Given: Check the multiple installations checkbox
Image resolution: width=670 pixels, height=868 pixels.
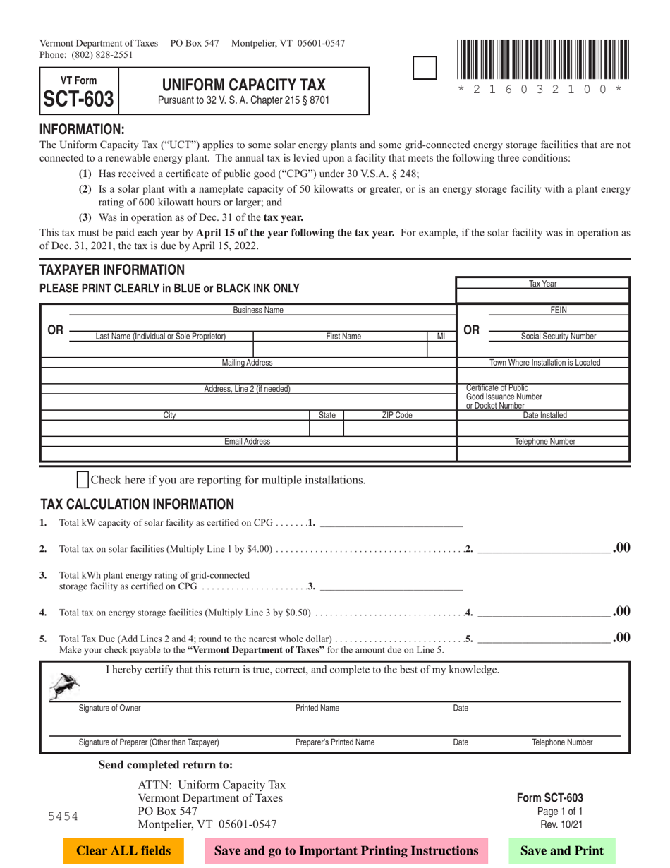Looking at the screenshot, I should tap(83, 480).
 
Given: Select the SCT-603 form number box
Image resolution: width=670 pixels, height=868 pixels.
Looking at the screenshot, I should tap(78, 90).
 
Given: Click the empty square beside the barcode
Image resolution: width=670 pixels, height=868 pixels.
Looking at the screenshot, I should tap(423, 68).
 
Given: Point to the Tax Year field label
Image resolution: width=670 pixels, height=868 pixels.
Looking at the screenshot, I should tap(542, 283).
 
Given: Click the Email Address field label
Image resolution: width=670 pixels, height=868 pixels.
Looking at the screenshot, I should tap(247, 441).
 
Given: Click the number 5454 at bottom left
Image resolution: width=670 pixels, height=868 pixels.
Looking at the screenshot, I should tap(63, 816).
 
